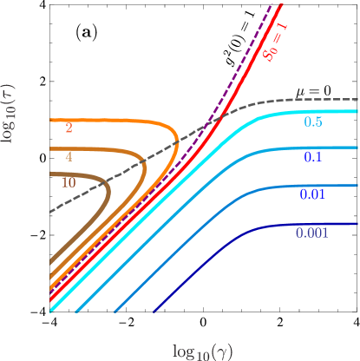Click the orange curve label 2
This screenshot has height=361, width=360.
tap(69, 128)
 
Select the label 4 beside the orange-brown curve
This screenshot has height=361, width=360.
tap(69, 157)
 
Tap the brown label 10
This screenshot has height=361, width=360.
tap(69, 183)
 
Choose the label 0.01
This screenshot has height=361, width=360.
tap(312, 195)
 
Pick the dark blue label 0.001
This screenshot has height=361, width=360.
tap(311, 233)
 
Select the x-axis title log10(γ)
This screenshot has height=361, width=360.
tap(202, 351)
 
